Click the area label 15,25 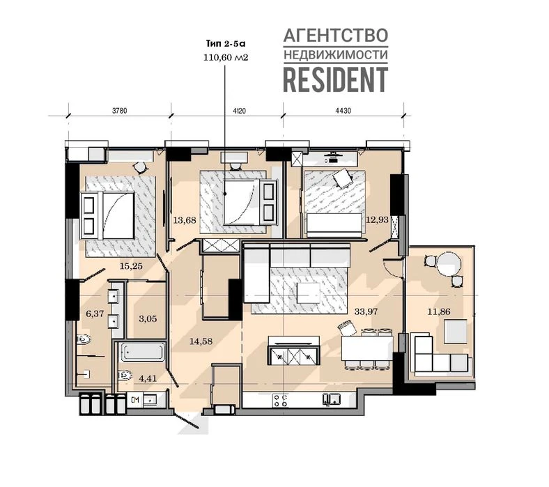click(131, 266)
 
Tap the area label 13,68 click(185, 220)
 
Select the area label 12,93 click(377, 220)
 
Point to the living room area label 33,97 click(366, 311)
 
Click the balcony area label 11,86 click(439, 311)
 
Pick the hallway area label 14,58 click(201, 341)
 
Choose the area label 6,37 click(95, 314)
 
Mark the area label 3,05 click(148, 318)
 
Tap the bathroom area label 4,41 click(148, 378)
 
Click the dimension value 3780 click(119, 111)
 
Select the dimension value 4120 click(239, 111)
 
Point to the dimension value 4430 click(343, 111)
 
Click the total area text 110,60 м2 click(226, 57)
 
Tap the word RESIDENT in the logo click(335, 79)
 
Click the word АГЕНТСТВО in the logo click(335, 36)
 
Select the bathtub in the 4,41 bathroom click(143, 352)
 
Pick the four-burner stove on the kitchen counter click(281, 400)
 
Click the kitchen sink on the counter click(332, 399)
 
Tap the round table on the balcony click(449, 265)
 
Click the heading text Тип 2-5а click(226, 44)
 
